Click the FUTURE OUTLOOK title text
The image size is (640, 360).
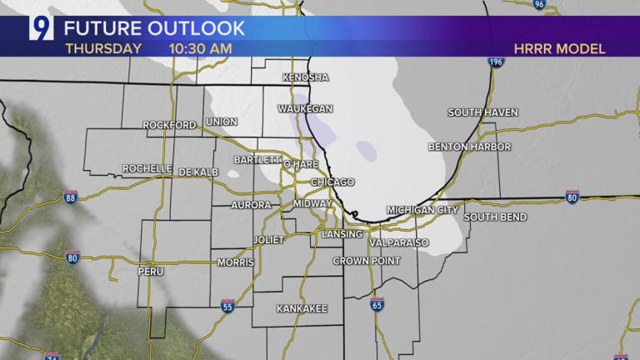155,28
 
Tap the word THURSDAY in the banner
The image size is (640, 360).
103,48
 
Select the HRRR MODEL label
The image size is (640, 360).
559,48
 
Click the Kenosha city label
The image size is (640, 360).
306,77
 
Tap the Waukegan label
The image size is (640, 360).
306,109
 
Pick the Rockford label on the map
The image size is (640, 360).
169,125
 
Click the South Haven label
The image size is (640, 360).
482,112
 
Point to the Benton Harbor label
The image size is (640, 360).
469,147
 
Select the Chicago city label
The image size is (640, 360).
332,182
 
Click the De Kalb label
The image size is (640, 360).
198,172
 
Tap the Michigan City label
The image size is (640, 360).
422,210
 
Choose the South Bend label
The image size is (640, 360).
495,217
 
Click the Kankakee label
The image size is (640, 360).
302,308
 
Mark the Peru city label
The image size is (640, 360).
151,272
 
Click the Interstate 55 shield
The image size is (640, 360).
227,307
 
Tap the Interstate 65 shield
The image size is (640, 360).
377,305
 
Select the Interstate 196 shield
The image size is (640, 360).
497,62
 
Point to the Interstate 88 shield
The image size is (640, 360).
71,197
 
